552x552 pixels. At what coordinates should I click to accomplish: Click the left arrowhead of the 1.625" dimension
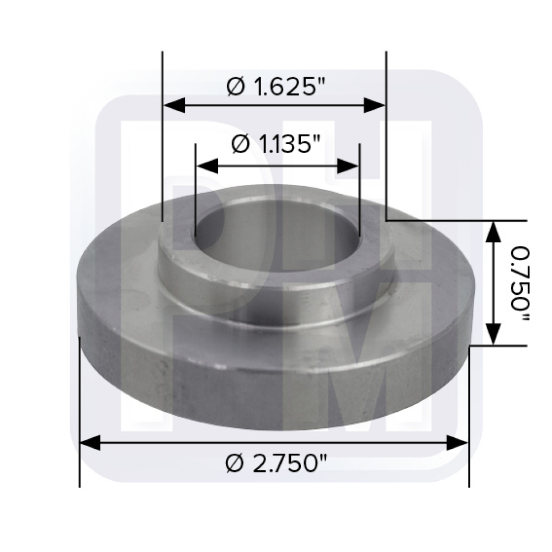[x=174, y=105]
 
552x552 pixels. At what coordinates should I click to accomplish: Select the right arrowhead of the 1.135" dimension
[x=348, y=166]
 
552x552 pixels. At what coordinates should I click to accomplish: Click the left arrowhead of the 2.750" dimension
[x=91, y=443]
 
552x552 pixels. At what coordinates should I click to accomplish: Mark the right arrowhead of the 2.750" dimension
[x=457, y=443]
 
